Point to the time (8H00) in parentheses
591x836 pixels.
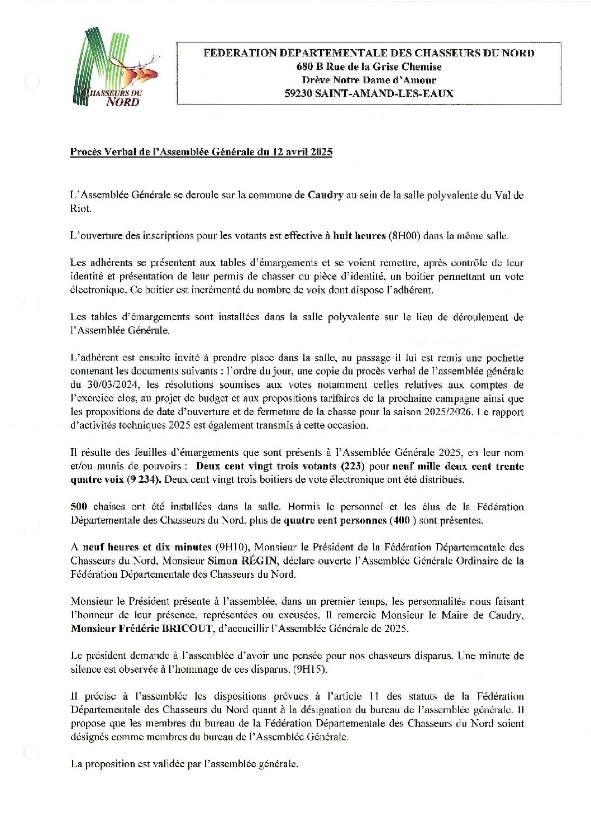pos(404,236)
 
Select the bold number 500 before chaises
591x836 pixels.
pos(79,507)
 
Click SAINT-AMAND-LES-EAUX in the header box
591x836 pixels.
pos(384,94)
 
